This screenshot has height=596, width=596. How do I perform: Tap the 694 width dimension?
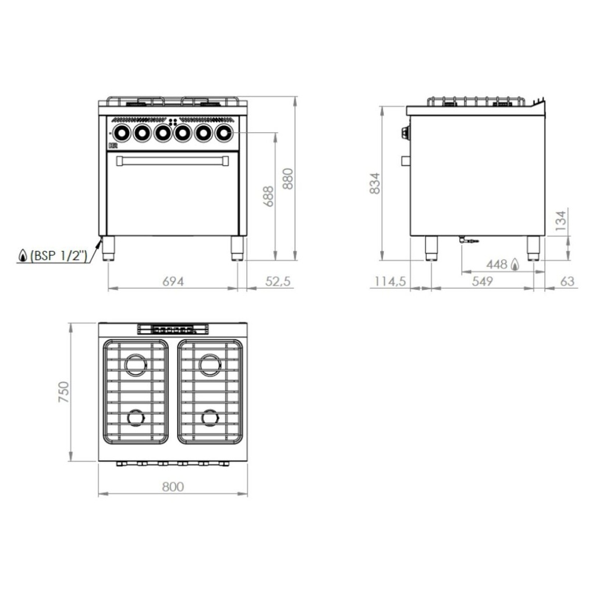point(173,282)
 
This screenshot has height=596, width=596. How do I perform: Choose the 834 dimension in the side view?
point(375,183)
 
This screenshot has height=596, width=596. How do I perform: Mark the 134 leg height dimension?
point(560,221)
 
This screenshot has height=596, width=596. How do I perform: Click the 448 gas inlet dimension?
point(498,264)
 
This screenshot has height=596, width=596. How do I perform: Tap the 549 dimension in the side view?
point(483,282)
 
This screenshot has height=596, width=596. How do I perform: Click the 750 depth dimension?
point(64,392)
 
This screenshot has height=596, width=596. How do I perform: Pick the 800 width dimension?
point(172,487)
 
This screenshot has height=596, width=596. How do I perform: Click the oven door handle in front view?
point(172,161)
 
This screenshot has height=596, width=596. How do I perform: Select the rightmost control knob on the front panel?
point(223,133)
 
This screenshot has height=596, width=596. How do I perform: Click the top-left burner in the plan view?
point(136,365)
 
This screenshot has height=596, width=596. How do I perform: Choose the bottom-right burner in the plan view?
point(210,417)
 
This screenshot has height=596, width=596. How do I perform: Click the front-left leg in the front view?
point(109,248)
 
